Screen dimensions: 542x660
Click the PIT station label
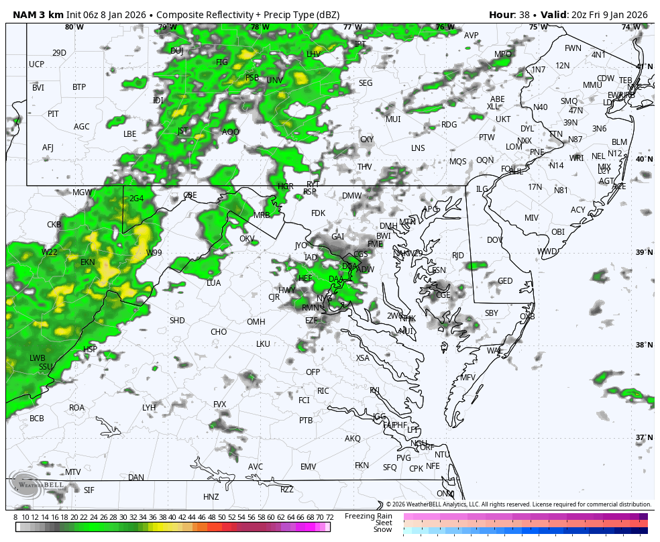[53, 114]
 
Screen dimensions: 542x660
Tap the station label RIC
[323, 390]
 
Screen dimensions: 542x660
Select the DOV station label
[495, 239]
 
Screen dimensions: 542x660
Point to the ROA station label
[76, 407]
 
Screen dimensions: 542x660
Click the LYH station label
[149, 407]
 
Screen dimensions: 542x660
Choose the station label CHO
[219, 331]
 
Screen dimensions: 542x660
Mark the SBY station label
[492, 313]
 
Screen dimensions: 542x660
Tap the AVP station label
[472, 36]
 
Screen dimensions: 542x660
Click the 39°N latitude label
[644, 252]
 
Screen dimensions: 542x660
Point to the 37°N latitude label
[644, 437]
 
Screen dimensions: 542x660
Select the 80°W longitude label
[74, 27]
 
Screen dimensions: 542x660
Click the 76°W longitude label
[445, 27]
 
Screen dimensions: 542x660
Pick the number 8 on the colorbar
[15, 517]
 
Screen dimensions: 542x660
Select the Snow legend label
[382, 530]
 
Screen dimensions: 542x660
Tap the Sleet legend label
[383, 523]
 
